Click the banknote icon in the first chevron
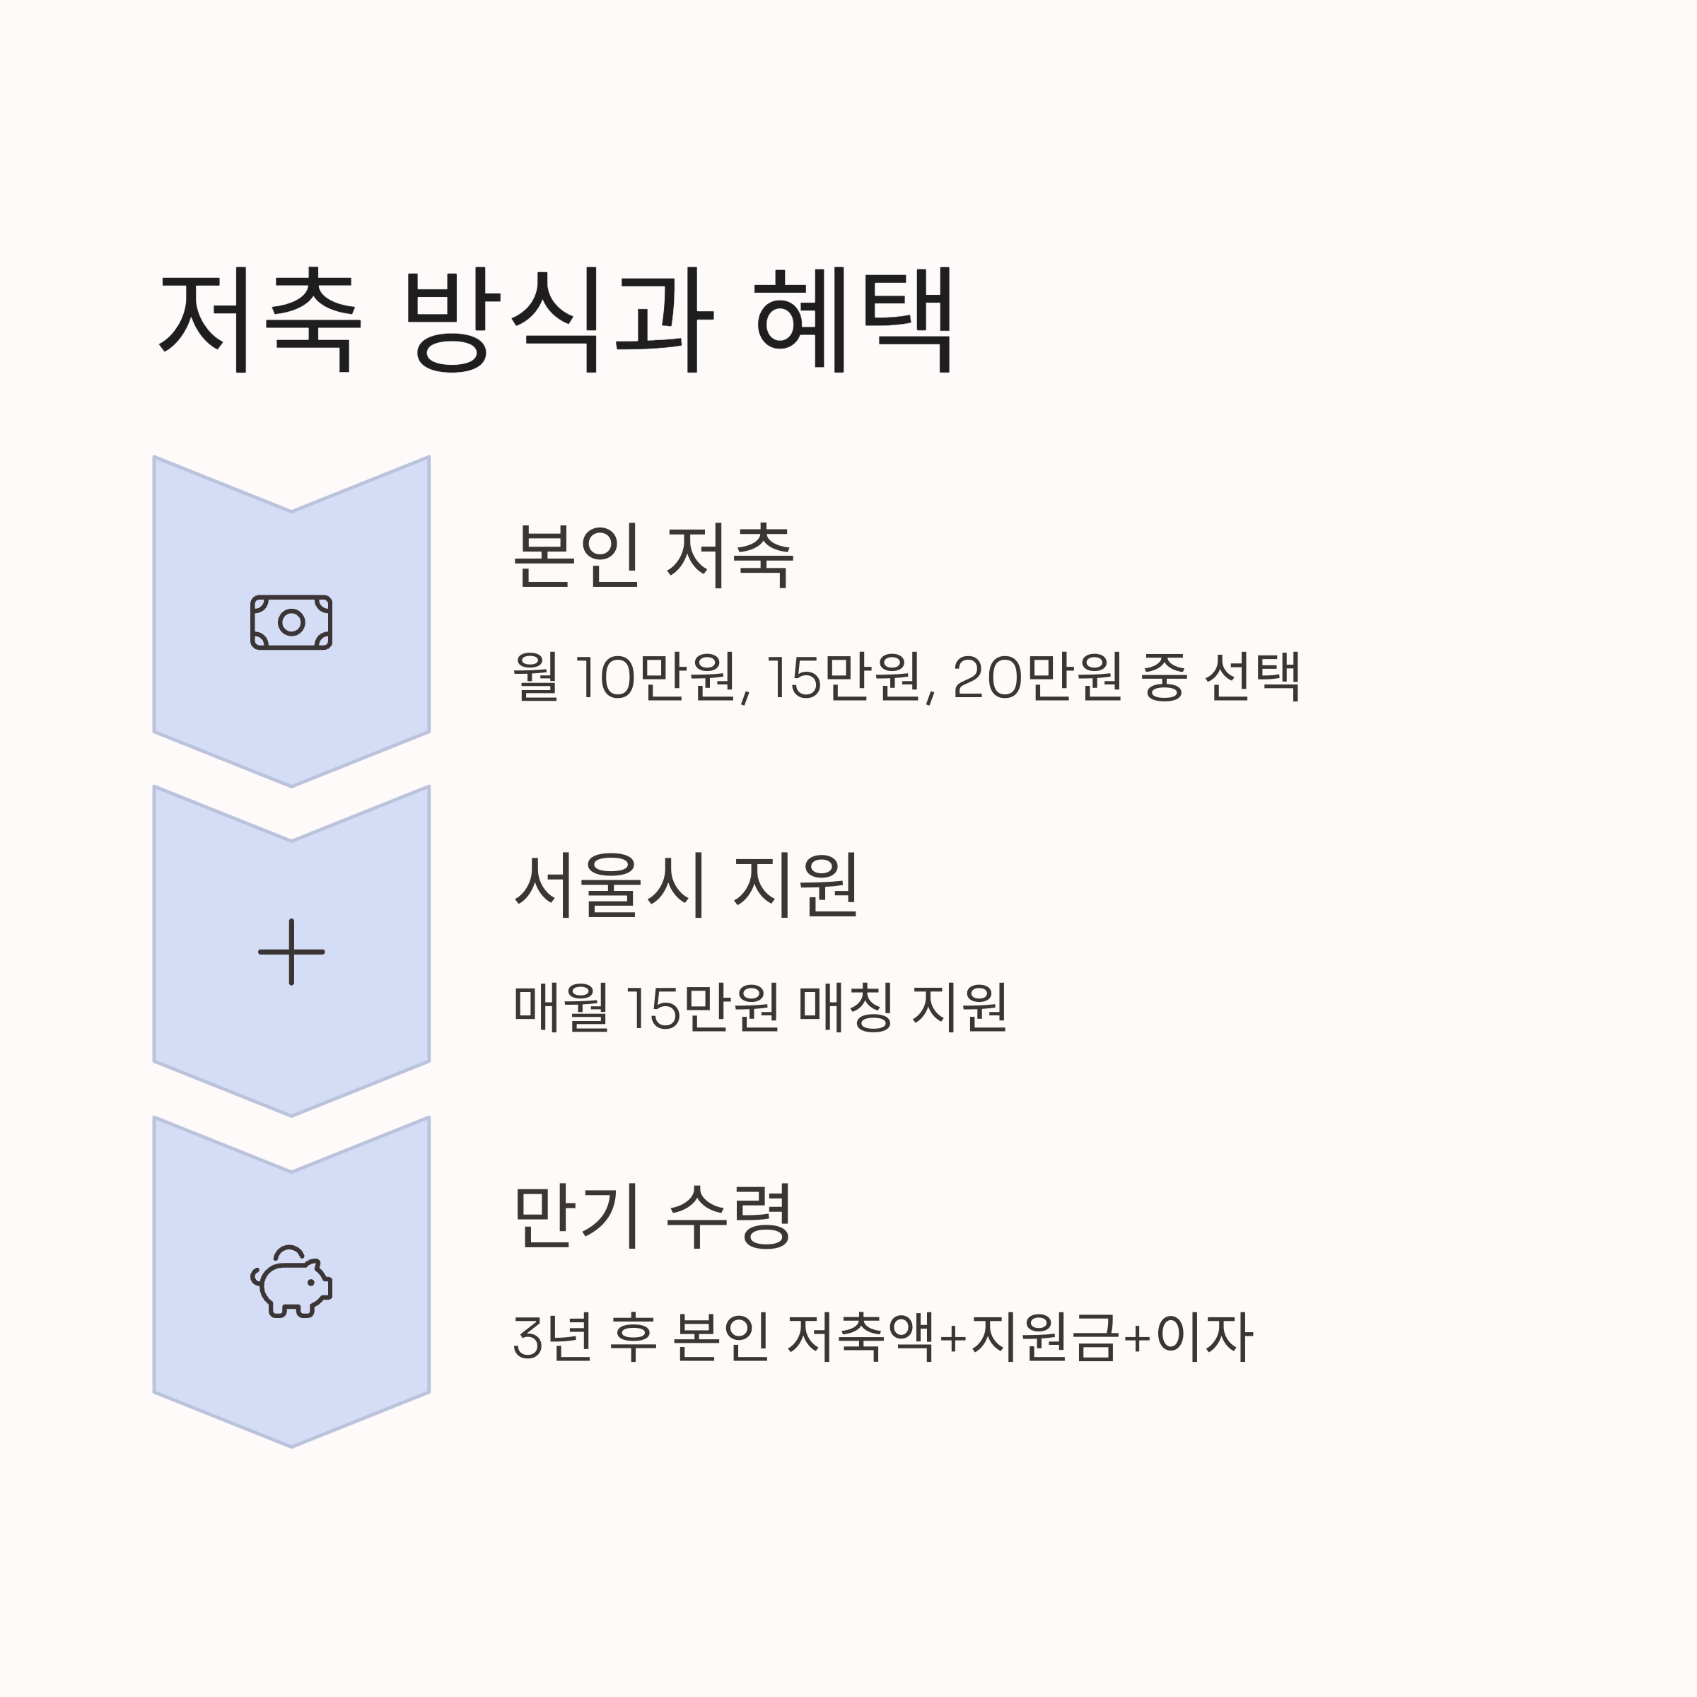[291, 623]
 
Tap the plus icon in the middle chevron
[291, 952]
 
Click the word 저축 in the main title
[259, 320]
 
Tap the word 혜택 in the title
[855, 320]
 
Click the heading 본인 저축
[653, 556]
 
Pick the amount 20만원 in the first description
[1037, 677]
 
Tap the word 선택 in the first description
[1252, 677]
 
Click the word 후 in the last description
[631, 1338]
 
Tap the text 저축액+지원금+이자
[1019, 1338]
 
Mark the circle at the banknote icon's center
[291, 623]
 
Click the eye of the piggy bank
[310, 1283]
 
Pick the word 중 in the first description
[1164, 677]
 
